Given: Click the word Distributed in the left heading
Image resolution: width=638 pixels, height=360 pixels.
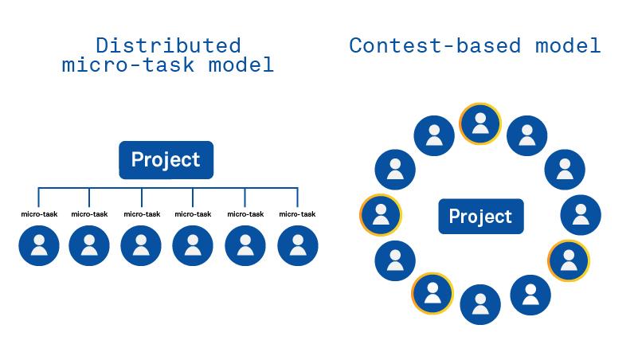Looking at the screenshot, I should point(167,45).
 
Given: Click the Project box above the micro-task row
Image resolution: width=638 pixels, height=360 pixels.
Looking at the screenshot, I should point(166,159).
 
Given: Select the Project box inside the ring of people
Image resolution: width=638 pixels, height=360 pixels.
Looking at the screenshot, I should point(480,216).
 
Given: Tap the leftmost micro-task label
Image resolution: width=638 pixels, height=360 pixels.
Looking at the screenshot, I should point(39,213).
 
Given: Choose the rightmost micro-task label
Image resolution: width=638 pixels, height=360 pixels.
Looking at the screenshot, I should point(297,213).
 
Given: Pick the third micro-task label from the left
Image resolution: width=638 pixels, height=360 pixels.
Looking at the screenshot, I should point(141,213).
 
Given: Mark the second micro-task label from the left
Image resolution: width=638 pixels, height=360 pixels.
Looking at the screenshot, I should point(89,213).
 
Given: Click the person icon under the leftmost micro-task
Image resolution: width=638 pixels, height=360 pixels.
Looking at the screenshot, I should point(39,245).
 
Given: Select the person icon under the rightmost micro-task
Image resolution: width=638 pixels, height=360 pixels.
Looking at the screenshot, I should point(298,245).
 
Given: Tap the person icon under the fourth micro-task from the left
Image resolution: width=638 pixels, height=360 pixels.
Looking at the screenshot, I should point(193,245).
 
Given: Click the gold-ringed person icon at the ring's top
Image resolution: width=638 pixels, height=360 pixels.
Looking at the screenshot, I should point(479,123).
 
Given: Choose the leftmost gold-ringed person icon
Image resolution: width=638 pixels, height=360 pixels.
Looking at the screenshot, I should point(380,215).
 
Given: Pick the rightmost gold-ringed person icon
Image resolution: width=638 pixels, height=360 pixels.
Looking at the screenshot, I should point(568,260).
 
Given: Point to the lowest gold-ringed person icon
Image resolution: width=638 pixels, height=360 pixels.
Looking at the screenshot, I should point(432,293).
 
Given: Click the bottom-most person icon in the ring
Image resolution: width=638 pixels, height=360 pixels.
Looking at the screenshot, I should point(479,305).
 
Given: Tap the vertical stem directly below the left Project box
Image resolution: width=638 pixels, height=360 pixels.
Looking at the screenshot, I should point(166,183).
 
